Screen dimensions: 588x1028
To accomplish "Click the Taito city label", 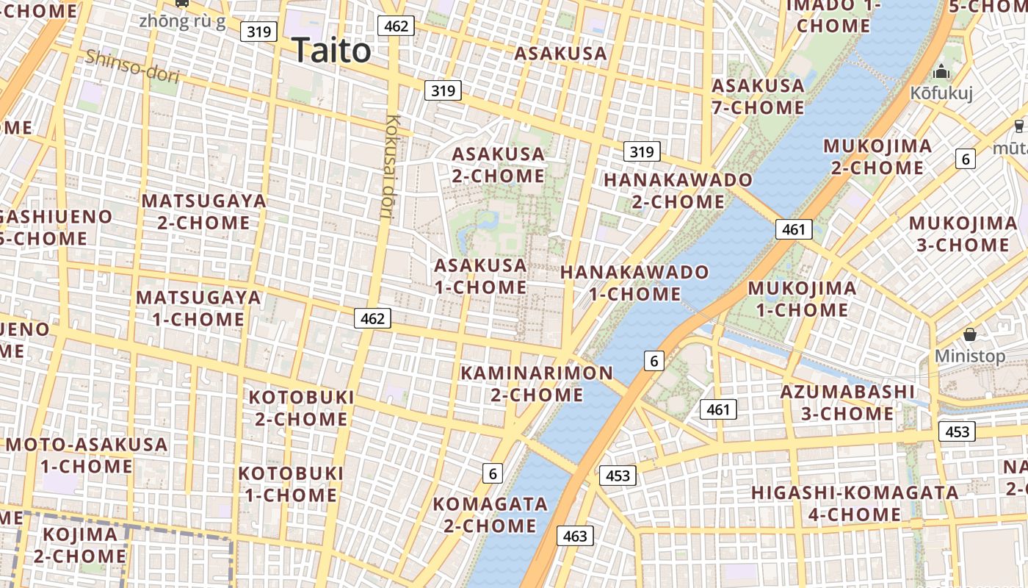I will pos(332,51).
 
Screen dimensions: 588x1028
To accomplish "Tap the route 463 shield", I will pos(574,536).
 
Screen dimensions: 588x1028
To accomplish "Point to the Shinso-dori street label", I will pos(132,65).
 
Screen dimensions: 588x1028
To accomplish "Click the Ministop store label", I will pos(970,356).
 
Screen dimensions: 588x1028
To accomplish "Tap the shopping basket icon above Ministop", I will pos(970,334).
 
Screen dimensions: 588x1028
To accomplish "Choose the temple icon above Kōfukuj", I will pos(941,72).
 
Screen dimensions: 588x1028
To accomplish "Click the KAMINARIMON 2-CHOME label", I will pos(537,384).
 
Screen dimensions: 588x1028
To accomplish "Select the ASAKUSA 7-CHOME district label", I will pos(759,96).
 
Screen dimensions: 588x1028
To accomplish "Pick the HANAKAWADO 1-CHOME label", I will pos(635,283).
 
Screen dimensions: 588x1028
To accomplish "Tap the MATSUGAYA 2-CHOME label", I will pos(203,211).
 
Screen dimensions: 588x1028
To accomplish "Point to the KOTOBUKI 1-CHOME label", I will pos(292,483).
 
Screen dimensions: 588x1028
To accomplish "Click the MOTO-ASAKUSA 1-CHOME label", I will pos(87,455).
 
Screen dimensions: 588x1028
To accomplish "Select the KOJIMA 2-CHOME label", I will pos(80,545).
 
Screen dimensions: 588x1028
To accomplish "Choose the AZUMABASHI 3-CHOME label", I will pos(847,402).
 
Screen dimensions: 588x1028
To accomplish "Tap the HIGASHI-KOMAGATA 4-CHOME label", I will pos(855,503).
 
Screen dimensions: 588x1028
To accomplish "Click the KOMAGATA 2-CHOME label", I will pos(490,514).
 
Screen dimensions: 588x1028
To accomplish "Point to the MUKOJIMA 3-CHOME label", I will pos(963,233).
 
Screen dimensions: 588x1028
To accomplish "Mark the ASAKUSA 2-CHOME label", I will pos(499,165).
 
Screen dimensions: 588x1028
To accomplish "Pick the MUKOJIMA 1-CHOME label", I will pos(802,298).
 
